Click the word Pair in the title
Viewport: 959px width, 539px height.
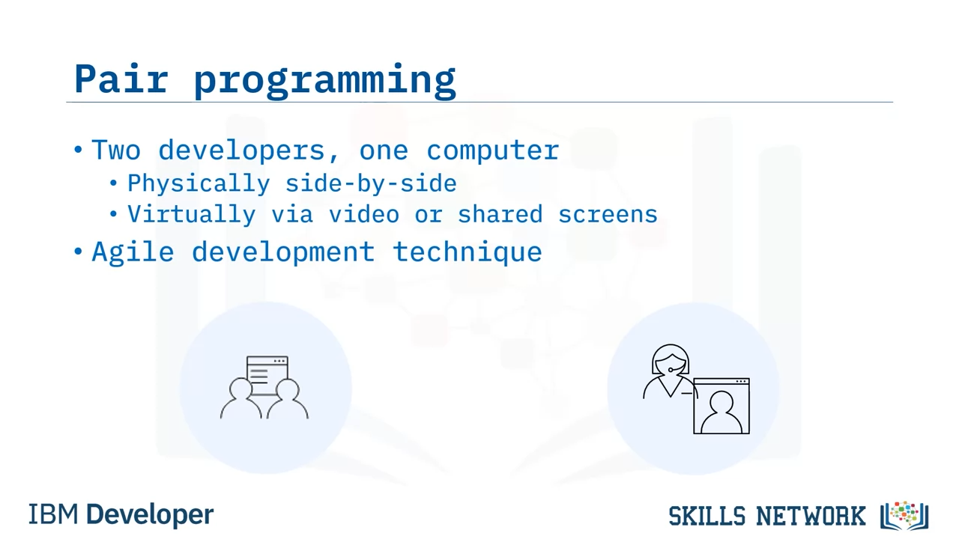[x=121, y=79]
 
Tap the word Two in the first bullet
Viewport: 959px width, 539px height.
[x=116, y=150]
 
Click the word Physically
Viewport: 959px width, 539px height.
[x=199, y=184]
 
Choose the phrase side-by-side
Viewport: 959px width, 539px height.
[x=371, y=184]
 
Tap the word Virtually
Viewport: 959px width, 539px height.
[x=191, y=214]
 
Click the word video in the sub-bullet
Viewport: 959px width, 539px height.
[x=364, y=214]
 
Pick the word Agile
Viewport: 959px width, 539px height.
[x=133, y=252]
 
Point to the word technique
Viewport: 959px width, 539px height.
[x=468, y=252]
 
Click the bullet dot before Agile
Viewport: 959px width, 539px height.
[x=78, y=251]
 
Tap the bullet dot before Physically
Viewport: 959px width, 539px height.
[x=113, y=183]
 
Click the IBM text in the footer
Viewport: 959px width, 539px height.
[x=53, y=514]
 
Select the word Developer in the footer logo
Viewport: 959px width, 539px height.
[x=150, y=516]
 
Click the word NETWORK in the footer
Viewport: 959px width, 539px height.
[x=811, y=516]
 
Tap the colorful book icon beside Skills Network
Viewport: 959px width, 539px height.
[x=904, y=515]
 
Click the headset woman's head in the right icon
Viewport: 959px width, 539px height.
[x=671, y=361]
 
